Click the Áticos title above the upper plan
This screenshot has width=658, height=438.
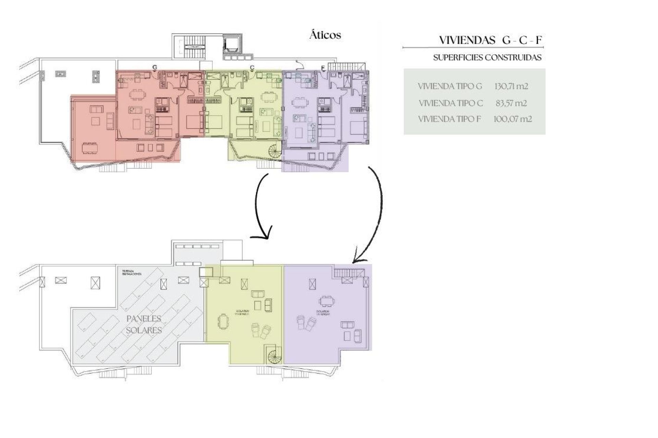tap(325, 35)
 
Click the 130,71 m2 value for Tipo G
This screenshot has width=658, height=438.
tap(511, 86)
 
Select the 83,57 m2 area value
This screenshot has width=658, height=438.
tap(511, 103)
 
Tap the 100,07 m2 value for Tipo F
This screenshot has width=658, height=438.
tap(512, 119)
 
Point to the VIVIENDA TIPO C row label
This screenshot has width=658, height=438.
tap(451, 103)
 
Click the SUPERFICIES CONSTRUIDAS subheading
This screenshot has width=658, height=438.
tap(487, 57)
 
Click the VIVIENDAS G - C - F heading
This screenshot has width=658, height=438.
tap(490, 40)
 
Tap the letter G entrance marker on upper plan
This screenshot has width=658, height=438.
tap(155, 67)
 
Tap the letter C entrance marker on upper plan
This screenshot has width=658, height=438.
tap(252, 68)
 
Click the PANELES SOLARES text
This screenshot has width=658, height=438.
tap(144, 324)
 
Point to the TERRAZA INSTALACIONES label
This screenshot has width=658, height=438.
tap(132, 273)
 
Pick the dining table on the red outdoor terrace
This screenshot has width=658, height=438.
tap(90, 148)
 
